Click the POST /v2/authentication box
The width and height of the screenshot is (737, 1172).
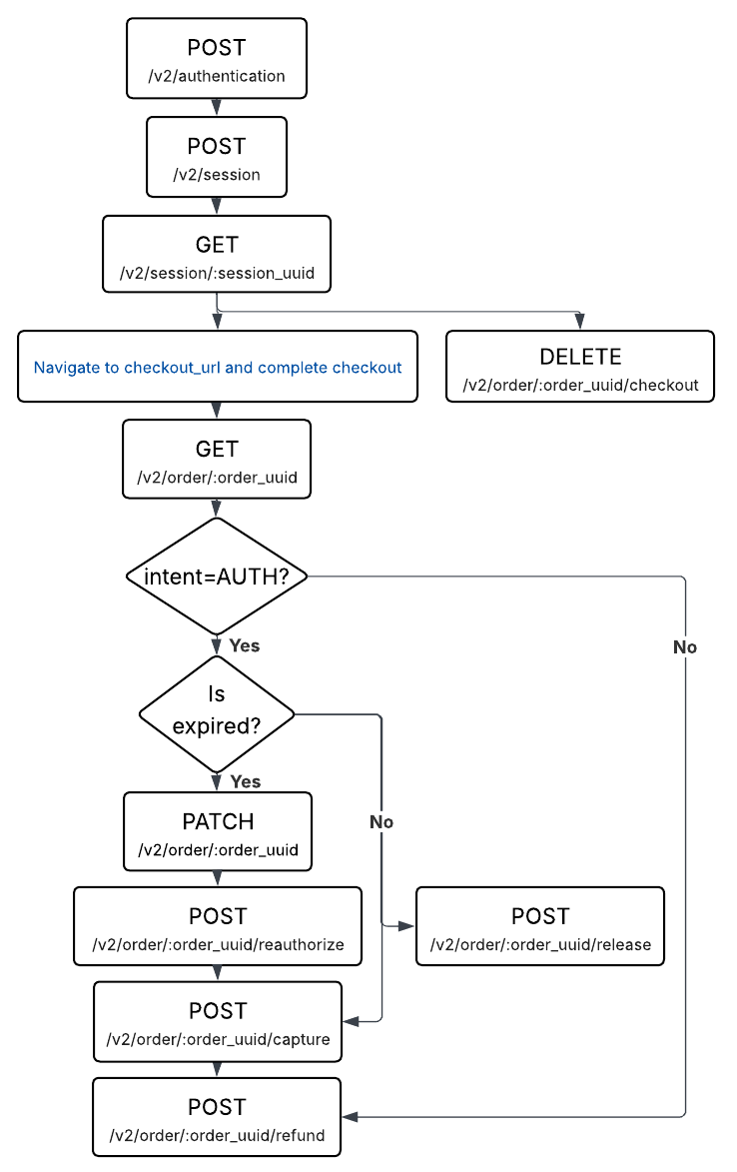[217, 59]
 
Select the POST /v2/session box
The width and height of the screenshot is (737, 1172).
[217, 157]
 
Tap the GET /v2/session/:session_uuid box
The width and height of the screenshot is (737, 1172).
[217, 254]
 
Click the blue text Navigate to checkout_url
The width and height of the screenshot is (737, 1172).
[218, 367]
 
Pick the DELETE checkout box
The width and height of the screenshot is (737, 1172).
[580, 367]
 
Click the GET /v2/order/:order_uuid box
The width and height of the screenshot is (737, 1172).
[217, 459]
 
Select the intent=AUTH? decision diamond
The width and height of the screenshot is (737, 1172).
[217, 577]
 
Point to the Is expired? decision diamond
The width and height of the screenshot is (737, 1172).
[217, 713]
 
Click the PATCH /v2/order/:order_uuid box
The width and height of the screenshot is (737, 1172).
[218, 832]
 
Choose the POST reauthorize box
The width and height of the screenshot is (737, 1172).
[218, 926]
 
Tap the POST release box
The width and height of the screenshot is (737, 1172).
[540, 926]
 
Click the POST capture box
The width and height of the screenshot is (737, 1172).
[218, 1021]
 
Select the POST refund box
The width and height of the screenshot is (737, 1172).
[217, 1117]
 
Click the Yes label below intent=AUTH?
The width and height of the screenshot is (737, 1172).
[245, 645]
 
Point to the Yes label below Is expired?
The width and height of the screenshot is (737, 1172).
[245, 781]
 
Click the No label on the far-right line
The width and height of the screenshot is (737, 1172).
[685, 647]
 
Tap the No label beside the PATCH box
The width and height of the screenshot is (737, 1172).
[381, 821]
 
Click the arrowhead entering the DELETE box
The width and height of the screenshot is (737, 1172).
[580, 322]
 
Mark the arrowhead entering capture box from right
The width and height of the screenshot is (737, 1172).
[351, 1021]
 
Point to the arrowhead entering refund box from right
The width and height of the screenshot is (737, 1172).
[350, 1116]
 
